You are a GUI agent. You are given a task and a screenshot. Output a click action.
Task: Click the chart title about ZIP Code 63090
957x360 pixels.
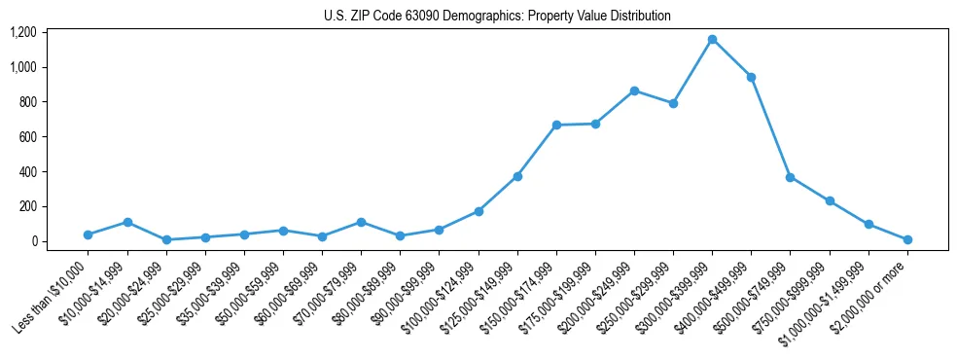[x=497, y=16]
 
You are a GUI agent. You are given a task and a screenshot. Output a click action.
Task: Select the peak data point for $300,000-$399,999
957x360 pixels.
[x=712, y=39]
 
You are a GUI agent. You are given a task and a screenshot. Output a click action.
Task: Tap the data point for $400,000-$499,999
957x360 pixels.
[x=751, y=77]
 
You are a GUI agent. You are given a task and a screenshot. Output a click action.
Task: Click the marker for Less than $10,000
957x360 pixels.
[x=88, y=234]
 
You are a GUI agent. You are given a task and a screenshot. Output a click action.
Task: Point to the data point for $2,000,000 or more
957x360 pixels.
[x=907, y=239]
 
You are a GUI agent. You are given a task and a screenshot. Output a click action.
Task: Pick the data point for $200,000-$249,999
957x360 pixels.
[x=634, y=90]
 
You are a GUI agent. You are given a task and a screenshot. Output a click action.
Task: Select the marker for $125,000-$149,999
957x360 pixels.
[x=517, y=176]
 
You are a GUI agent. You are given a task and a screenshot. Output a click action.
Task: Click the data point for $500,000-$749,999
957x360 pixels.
[x=790, y=177]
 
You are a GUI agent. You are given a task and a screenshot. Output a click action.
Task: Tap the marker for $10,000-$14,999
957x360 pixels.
[x=127, y=222]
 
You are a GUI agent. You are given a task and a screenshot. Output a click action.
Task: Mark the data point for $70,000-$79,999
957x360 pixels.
[x=361, y=222]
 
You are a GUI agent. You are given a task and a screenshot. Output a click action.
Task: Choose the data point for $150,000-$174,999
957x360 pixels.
[x=556, y=125]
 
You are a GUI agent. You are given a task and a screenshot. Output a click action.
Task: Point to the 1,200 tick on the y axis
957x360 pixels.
[x=22, y=32]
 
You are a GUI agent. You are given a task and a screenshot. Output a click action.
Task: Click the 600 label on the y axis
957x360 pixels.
[x=26, y=137]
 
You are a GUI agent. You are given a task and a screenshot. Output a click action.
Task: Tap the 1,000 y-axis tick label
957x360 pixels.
[x=22, y=67]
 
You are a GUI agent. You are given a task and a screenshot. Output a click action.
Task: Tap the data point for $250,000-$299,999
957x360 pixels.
[x=673, y=103]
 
